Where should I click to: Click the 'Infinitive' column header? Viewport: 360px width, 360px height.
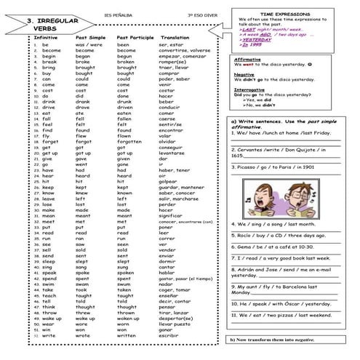(x=46, y=36)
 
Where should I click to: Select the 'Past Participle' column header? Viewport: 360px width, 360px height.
(x=135, y=36)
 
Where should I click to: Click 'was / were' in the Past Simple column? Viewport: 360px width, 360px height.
(x=89, y=45)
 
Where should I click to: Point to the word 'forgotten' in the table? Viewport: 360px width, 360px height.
(x=131, y=141)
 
